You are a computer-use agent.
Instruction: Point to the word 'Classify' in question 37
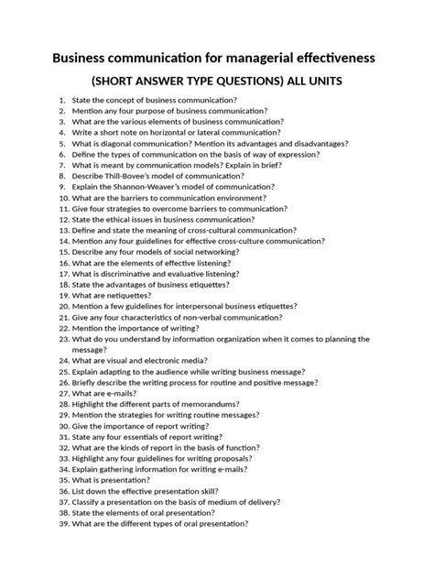pos(90,502)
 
